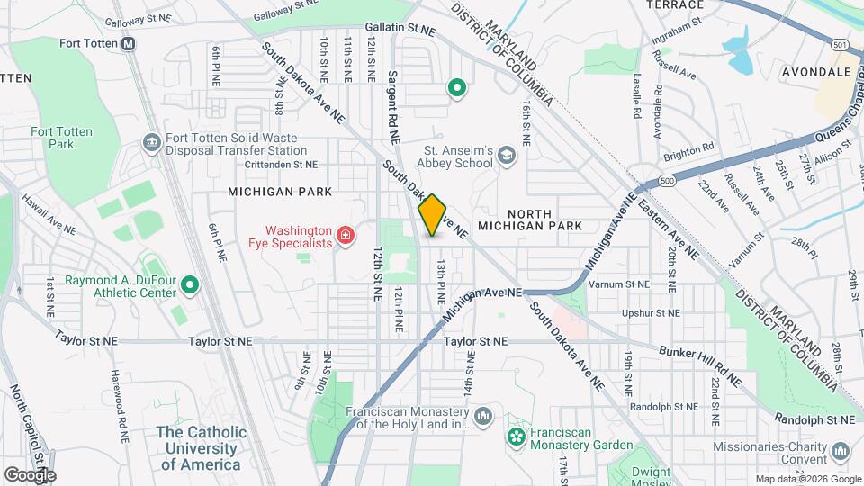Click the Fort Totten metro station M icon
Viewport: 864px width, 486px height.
click(x=129, y=43)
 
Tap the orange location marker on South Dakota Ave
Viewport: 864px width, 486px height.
click(x=433, y=215)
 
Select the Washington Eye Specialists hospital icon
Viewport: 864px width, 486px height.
click(x=344, y=236)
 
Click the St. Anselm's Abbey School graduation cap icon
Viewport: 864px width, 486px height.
click(x=507, y=156)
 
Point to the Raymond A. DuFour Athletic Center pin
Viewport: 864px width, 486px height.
click(x=189, y=285)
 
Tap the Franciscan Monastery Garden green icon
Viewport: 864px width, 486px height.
click(x=516, y=438)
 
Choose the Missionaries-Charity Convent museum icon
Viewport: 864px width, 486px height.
click(x=841, y=449)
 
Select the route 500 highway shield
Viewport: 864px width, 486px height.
click(x=666, y=181)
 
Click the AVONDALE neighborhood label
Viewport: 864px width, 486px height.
click(x=816, y=71)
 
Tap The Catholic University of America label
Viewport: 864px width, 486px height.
click(x=201, y=448)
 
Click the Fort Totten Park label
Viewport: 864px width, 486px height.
click(x=61, y=138)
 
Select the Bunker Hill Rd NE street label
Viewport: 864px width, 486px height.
click(x=700, y=366)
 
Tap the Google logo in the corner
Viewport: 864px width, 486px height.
click(x=30, y=474)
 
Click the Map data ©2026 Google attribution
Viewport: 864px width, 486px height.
click(x=808, y=479)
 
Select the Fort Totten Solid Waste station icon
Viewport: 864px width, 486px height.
click(x=151, y=143)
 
